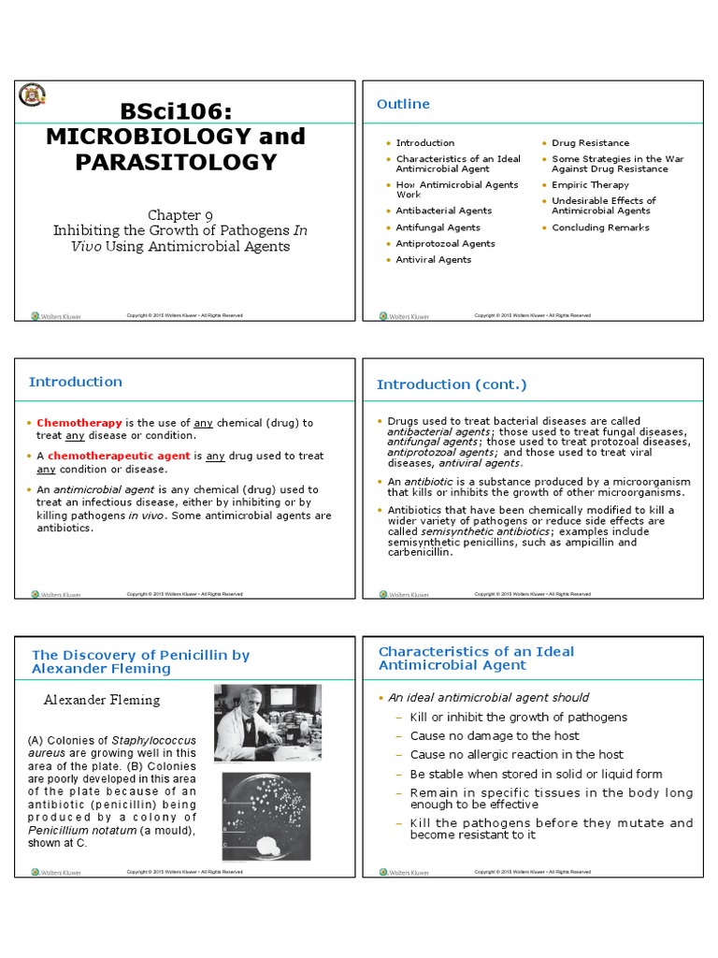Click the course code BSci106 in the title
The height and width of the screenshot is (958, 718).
176,110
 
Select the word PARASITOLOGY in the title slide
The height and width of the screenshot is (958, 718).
176,162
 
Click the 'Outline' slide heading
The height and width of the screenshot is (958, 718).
403,104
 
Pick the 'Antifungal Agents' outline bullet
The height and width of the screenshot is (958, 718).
438,227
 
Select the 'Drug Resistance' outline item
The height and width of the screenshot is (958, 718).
590,143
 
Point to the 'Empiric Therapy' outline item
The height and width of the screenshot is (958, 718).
590,185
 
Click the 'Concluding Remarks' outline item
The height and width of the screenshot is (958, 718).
601,227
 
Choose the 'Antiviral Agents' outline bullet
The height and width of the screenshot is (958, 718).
433,259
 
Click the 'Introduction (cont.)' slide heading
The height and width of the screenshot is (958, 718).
452,385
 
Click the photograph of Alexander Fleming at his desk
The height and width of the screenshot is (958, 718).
267,723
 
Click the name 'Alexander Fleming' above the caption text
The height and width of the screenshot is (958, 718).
102,700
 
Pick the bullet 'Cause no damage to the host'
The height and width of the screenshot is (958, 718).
495,736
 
